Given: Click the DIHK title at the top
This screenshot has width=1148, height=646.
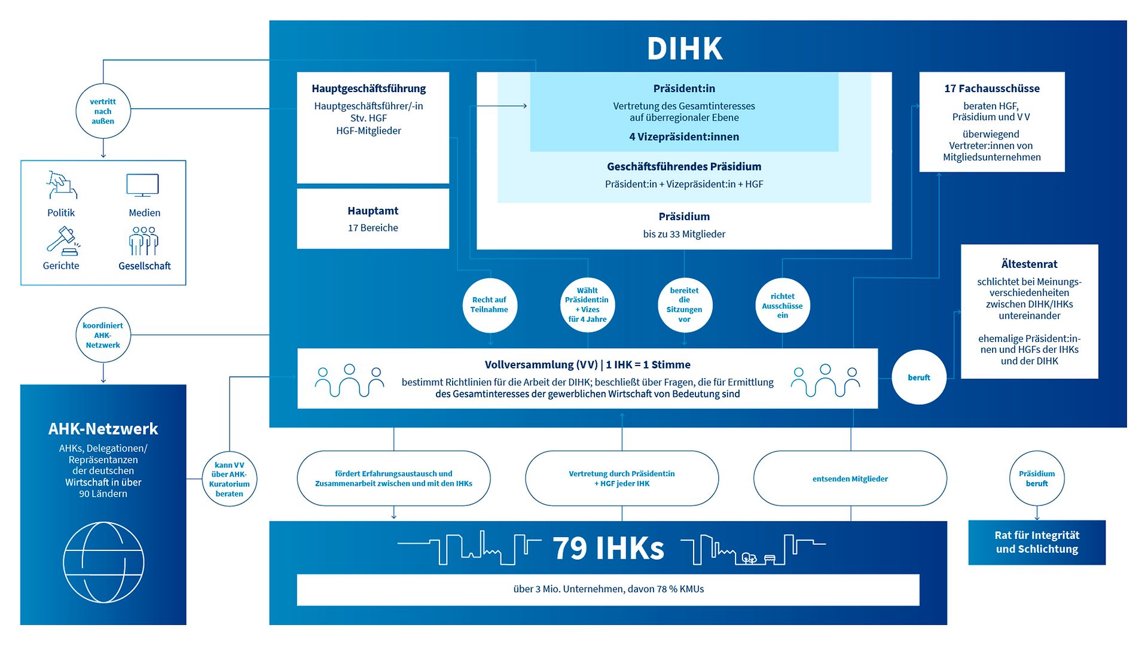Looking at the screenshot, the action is pos(685,48).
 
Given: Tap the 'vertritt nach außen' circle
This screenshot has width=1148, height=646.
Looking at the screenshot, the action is pos(103,111).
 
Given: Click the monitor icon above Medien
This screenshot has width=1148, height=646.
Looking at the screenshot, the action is pos(143,185).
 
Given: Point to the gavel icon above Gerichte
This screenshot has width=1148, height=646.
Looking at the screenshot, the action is pos(62,241).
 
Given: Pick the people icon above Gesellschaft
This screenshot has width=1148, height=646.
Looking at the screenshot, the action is pos(143,240).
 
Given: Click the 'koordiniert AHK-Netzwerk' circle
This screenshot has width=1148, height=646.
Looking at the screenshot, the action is pos(103,336).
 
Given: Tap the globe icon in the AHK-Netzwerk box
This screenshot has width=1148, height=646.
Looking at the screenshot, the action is pos(103,562).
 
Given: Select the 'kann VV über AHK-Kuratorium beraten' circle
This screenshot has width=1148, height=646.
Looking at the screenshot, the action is pos(230,479).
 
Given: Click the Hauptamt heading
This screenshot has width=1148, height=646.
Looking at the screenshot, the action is pos(373,211).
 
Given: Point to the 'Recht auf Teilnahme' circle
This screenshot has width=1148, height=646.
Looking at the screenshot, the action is pos(489,305).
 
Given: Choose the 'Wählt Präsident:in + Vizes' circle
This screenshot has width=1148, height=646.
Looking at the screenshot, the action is pos(587,305).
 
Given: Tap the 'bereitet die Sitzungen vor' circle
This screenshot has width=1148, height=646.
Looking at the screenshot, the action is pos(685,305).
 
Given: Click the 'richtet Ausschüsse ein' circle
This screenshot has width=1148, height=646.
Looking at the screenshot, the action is pos(783,306).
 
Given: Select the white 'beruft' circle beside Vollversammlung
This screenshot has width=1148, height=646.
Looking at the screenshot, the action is pos(919,377).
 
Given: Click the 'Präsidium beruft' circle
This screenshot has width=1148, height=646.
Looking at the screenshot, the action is pos(1037,479).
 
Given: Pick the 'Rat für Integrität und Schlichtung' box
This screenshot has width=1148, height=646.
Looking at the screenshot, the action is pos(1037,543).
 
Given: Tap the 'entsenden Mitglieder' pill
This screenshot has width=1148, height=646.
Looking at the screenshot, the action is pos(850,479).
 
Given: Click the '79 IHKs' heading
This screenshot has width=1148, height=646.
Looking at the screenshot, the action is pos(608,548).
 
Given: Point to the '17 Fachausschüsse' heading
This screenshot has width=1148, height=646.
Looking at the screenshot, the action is pos(992,89).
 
